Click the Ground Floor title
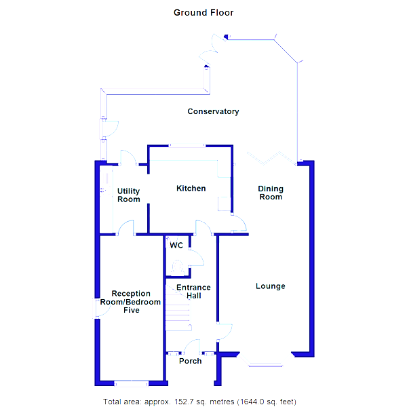203,12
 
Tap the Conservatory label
213,111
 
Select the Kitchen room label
191,188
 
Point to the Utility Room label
128,195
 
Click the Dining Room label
270,193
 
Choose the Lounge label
270,286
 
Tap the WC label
176,245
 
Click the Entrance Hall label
193,292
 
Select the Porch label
190,361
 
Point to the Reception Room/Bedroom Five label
131,302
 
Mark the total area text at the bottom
199,402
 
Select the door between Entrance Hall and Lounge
224,332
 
